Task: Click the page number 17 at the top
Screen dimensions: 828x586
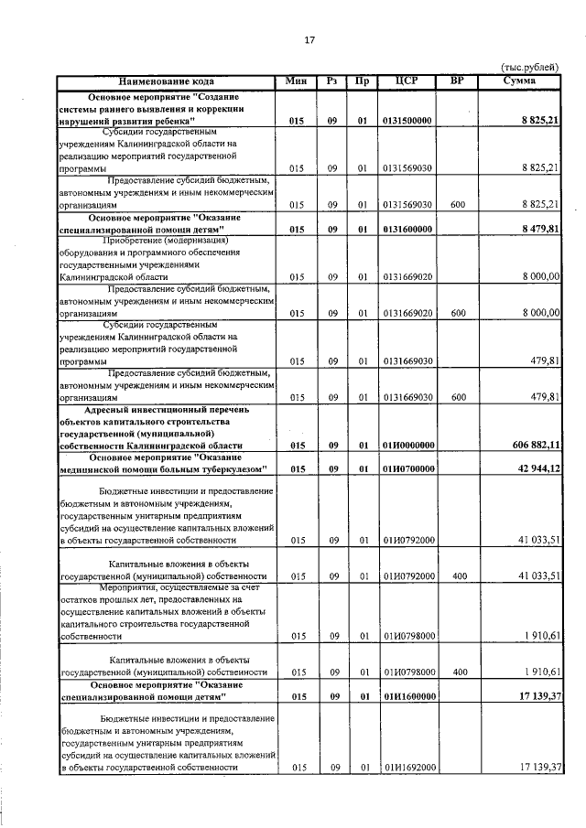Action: (x=309, y=40)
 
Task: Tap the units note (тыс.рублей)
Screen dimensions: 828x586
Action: (x=532, y=68)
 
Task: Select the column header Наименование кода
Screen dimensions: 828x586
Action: (x=167, y=81)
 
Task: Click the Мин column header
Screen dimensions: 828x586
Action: (x=296, y=81)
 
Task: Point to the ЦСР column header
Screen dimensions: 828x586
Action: (x=407, y=81)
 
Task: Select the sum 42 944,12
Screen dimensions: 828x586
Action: (x=537, y=469)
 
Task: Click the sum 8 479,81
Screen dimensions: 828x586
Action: (x=540, y=229)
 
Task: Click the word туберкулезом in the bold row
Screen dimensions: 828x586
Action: (x=228, y=469)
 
